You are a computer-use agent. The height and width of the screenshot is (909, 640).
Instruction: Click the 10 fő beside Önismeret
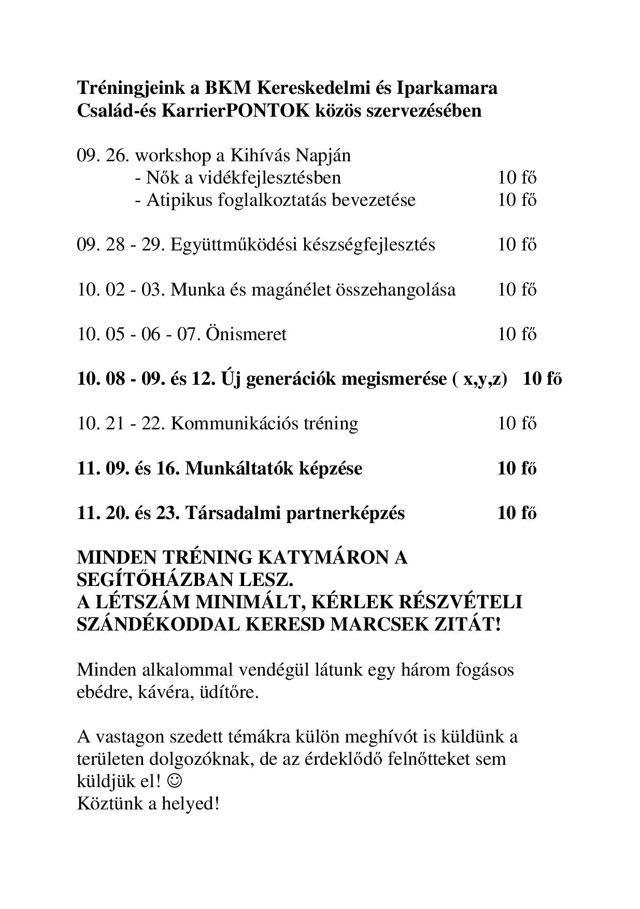click(x=517, y=334)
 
